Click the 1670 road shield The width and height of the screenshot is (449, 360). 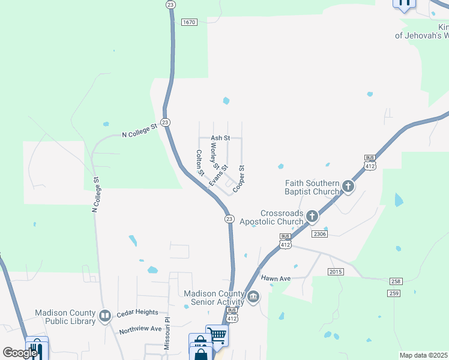(x=189, y=22)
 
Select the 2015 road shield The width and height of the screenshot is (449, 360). (x=336, y=272)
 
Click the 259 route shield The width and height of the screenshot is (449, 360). (x=393, y=293)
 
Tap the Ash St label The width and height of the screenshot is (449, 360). (x=220, y=138)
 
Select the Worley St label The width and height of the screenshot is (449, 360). (x=214, y=155)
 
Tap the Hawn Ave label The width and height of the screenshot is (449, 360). (x=276, y=278)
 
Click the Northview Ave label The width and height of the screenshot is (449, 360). (x=140, y=329)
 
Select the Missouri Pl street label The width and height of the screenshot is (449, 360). (x=167, y=335)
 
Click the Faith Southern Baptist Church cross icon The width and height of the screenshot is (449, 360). (x=348, y=187)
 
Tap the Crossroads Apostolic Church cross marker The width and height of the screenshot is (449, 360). (x=311, y=216)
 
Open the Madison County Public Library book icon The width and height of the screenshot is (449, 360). (x=105, y=316)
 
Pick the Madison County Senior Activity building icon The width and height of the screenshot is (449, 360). (x=253, y=297)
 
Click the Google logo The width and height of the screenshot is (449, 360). (x=20, y=353)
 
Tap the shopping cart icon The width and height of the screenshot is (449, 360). (x=217, y=335)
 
